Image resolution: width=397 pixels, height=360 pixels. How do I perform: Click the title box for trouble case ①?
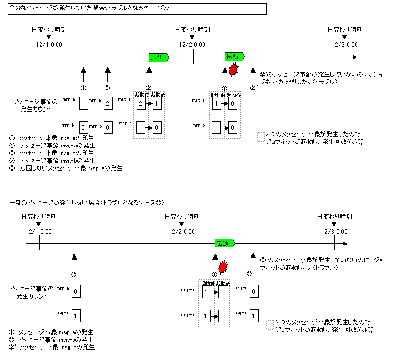[137, 9]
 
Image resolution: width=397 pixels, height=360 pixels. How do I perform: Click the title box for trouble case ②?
[137, 203]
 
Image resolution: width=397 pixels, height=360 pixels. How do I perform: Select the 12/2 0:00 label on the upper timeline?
[192, 45]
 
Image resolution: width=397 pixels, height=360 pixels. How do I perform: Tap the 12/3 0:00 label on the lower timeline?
[334, 231]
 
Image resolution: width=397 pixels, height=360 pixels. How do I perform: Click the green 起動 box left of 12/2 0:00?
[158, 57]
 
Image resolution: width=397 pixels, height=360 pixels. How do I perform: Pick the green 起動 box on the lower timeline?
[224, 244]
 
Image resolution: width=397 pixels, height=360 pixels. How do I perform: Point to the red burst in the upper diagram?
[233, 70]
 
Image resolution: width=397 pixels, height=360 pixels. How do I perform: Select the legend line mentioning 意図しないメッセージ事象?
[65, 168]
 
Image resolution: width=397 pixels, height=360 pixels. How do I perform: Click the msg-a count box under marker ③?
[107, 103]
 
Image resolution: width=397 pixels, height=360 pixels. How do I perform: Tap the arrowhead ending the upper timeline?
[355, 57]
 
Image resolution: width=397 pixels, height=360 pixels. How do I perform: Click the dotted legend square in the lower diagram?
[269, 325]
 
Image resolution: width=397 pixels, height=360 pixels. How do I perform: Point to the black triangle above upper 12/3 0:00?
[345, 36]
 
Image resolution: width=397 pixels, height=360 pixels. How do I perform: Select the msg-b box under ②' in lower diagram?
[253, 315]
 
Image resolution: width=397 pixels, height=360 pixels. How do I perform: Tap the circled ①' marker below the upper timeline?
[226, 88]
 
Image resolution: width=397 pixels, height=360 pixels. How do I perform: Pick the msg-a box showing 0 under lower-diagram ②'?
[253, 292]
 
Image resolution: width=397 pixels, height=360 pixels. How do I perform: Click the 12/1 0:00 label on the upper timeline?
[49, 45]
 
